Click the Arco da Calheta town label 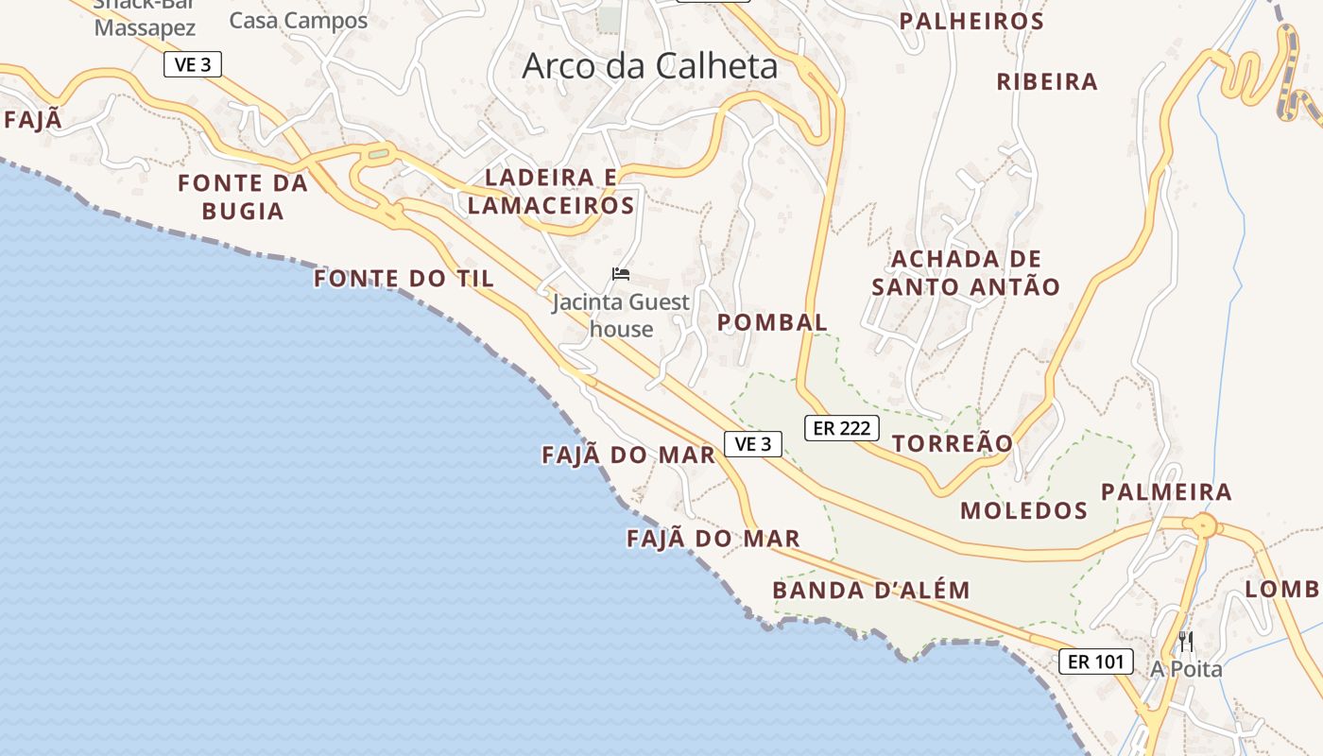coord(649,66)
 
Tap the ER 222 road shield coord(841,428)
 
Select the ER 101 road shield coord(1095,661)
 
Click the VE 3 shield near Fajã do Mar coord(753,443)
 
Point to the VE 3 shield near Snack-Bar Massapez coord(192,65)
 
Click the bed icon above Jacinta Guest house coord(621,274)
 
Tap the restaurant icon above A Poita coord(1186,642)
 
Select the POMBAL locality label coord(772,322)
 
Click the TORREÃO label coord(952,443)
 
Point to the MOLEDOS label coord(1023,511)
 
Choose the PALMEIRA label coord(1166,491)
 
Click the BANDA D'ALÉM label coord(870,591)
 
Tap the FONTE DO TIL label coord(404,279)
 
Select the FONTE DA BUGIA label coord(243,197)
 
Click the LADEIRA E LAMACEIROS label coord(551,191)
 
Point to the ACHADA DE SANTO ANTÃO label coord(965,272)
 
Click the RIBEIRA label coord(1047,82)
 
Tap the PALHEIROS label coord(971,21)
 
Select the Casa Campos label coord(298,21)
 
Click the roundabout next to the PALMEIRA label coord(1204,525)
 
